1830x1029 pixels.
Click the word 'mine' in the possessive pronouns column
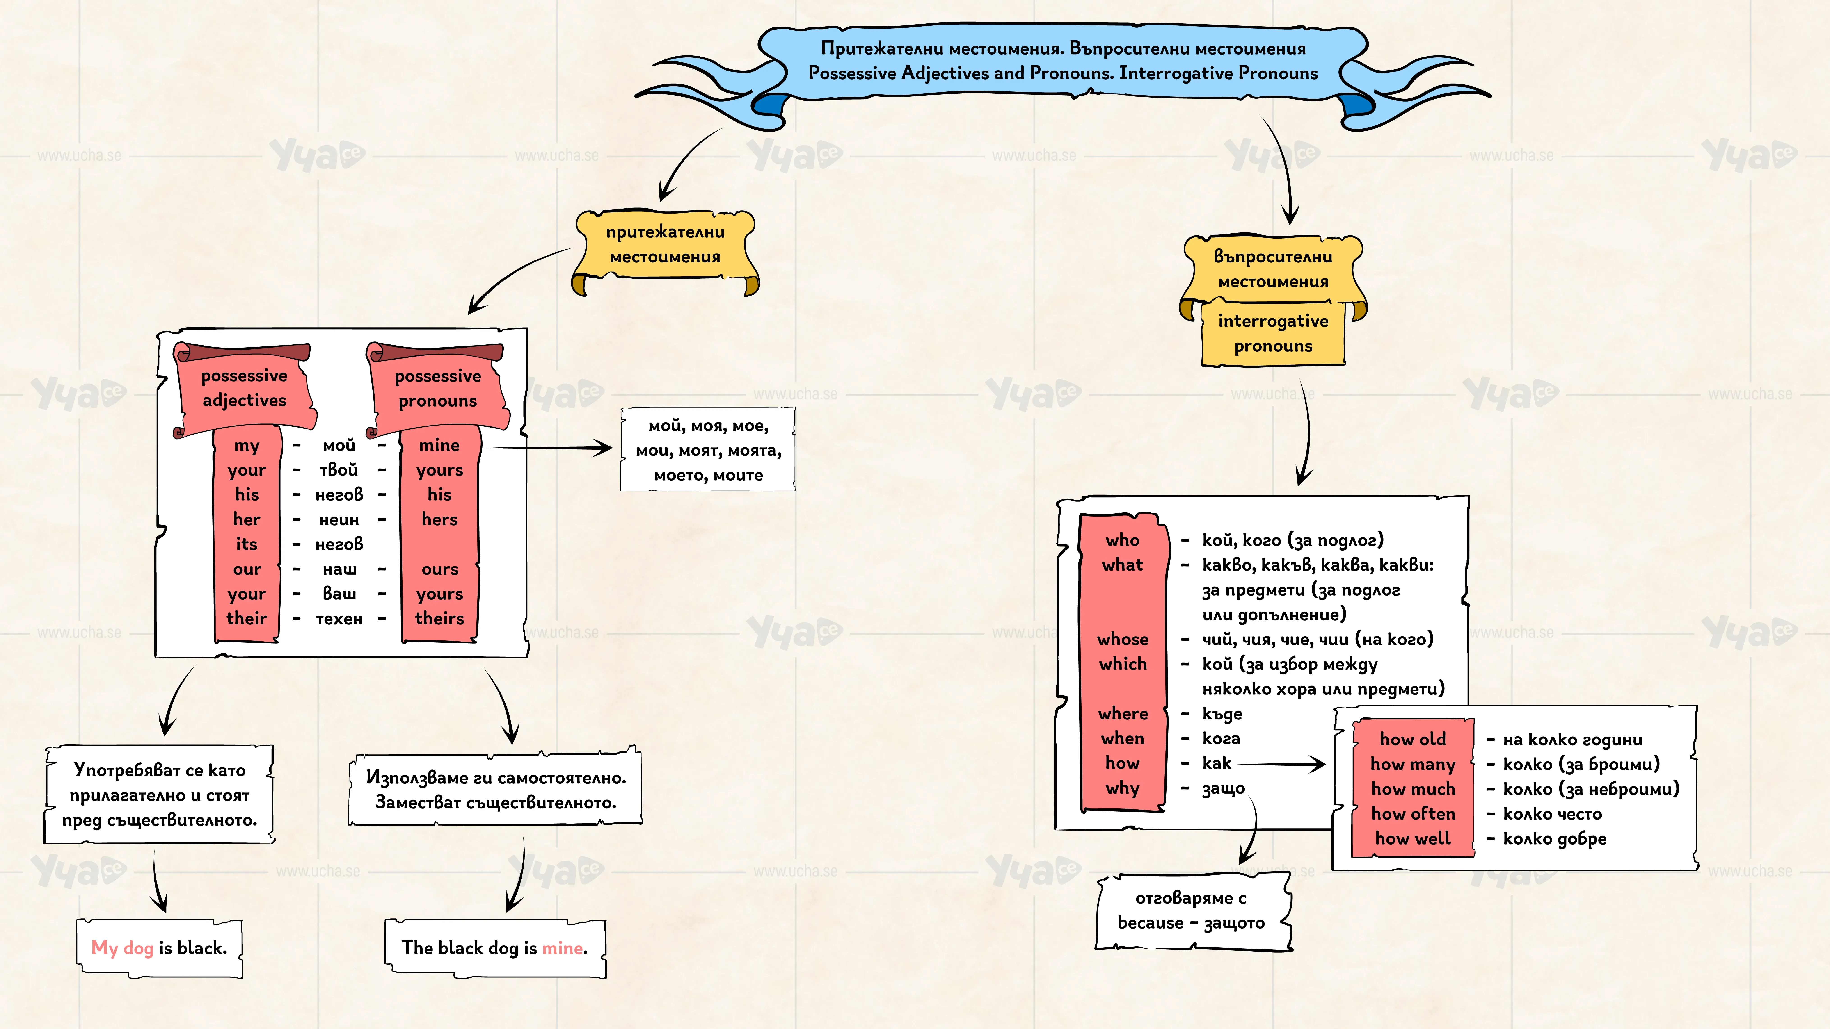(439, 445)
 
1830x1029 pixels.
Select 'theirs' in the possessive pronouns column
(439, 619)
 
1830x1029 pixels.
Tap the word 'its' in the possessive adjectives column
(247, 544)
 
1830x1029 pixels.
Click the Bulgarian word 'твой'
(339, 470)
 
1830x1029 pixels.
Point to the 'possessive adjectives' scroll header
(244, 388)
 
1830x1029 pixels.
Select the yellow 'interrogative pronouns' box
(1273, 333)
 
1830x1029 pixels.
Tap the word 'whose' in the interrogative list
(1122, 639)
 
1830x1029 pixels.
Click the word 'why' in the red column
(1122, 788)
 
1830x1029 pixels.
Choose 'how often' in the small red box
(1413, 814)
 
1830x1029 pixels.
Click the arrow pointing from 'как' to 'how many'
(1282, 764)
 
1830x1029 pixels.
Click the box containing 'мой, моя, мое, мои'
(708, 450)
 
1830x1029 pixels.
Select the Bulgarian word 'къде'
(1222, 714)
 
